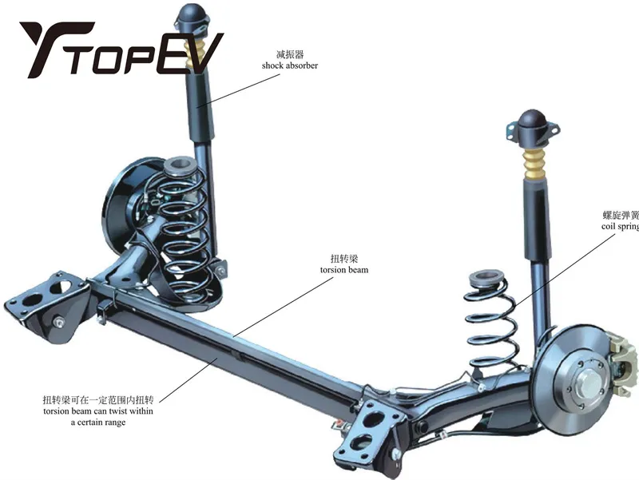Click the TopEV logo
coord(120,50)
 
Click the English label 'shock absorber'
coord(289,65)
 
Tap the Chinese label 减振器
coord(289,54)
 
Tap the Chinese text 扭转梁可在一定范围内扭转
coord(97,399)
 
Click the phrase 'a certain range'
coord(97,422)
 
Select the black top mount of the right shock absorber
coord(532,125)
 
